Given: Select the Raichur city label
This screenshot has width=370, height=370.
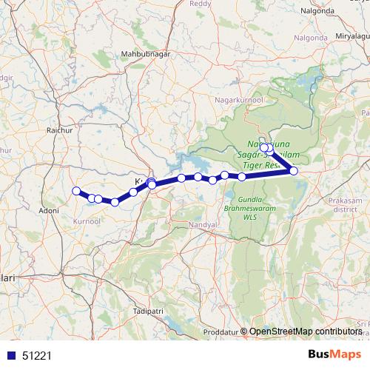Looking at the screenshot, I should (x=57, y=130).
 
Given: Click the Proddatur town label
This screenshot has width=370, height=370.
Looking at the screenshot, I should (x=223, y=331).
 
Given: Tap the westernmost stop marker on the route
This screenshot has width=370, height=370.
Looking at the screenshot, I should (x=75, y=192).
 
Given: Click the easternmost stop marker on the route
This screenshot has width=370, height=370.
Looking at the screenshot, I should (x=294, y=171).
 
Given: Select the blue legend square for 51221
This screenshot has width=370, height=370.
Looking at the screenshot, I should (x=11, y=355).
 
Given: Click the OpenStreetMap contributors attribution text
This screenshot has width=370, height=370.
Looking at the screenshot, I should (x=305, y=332).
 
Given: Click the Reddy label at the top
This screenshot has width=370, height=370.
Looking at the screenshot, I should (x=201, y=4).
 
